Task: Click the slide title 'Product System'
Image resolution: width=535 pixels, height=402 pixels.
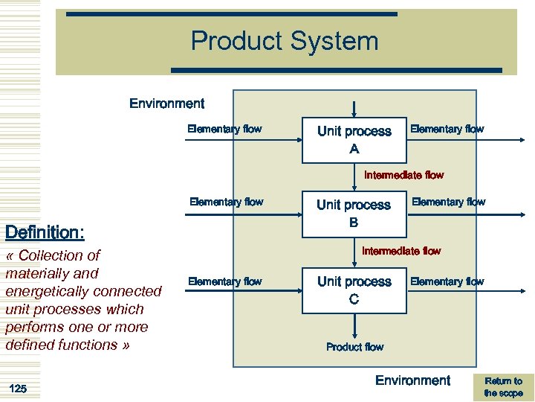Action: tap(285, 41)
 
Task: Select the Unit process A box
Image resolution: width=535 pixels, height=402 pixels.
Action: tap(354, 140)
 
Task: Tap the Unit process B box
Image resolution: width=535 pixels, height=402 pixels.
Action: tap(354, 214)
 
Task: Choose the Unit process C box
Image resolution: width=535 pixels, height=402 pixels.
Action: tap(354, 290)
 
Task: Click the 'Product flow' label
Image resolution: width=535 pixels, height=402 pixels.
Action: tap(354, 347)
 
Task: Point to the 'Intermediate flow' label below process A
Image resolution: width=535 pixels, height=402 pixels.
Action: tap(403, 176)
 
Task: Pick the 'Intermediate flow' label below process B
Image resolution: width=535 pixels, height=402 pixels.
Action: tap(401, 252)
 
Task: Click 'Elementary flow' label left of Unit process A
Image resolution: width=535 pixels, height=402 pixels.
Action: tap(224, 129)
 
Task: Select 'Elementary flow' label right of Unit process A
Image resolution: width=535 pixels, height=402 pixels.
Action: tap(447, 129)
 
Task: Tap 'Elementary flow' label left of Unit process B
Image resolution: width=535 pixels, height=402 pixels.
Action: tap(226, 202)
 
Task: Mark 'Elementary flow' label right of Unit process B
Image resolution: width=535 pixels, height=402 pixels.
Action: tap(448, 202)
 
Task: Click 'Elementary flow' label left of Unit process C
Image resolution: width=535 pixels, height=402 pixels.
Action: tap(224, 281)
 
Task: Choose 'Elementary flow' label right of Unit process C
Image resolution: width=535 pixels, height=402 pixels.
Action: tap(447, 281)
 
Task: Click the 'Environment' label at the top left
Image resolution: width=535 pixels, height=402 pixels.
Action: tap(166, 103)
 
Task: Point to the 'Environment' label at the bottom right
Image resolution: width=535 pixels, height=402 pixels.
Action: tap(412, 380)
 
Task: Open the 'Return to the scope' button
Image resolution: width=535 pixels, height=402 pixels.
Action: tap(503, 387)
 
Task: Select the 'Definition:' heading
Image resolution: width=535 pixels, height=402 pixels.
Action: tap(45, 233)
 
